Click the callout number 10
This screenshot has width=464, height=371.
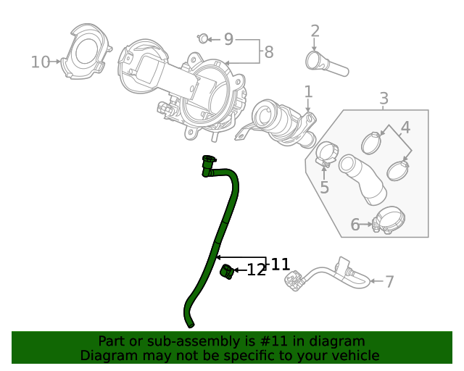pos(41,62)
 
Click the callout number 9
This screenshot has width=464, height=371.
pos(228,39)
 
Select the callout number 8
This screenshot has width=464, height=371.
pos(269,52)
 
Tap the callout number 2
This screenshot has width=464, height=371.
pos(315,31)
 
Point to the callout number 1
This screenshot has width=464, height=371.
pos(308,92)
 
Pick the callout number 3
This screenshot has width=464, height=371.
pos(384,99)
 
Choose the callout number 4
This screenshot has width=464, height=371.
pos(405,128)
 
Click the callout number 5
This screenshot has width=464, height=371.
pos(324,188)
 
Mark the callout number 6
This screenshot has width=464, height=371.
pos(355,225)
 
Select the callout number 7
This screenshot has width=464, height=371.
pos(389,282)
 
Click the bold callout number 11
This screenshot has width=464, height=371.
pos(280,264)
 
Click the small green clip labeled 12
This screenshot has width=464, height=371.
pos(227,271)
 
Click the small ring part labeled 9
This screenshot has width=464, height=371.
pos(204,38)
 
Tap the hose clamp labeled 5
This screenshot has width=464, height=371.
pos(326,154)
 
